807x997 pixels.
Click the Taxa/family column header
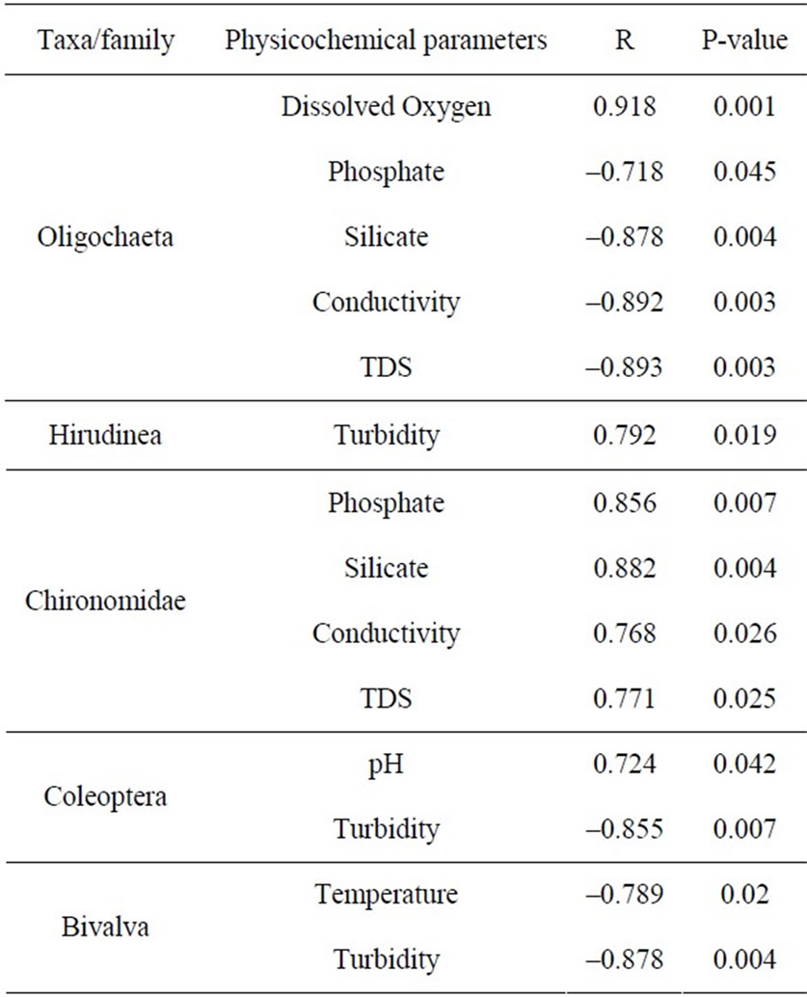[105, 40]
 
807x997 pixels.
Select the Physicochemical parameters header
[386, 40]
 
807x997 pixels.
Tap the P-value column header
[744, 40]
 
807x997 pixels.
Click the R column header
[625, 40]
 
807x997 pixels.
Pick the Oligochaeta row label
[105, 238]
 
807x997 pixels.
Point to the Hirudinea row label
[105, 436]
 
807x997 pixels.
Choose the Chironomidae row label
[105, 601]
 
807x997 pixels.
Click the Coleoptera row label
[105, 797]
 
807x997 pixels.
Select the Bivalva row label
[105, 927]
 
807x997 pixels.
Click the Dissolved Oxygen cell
[386, 107]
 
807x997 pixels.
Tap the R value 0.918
[625, 106]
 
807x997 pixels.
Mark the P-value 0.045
[744, 172]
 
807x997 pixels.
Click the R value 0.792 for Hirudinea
[625, 436]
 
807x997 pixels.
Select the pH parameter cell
[386, 765]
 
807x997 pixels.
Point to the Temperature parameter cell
[386, 895]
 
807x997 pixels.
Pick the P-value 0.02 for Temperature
[744, 895]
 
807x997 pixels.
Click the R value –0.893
[625, 367]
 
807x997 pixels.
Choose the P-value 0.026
[744, 633]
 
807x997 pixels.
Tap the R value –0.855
[625, 829]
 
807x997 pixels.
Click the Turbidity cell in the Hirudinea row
[387, 436]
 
